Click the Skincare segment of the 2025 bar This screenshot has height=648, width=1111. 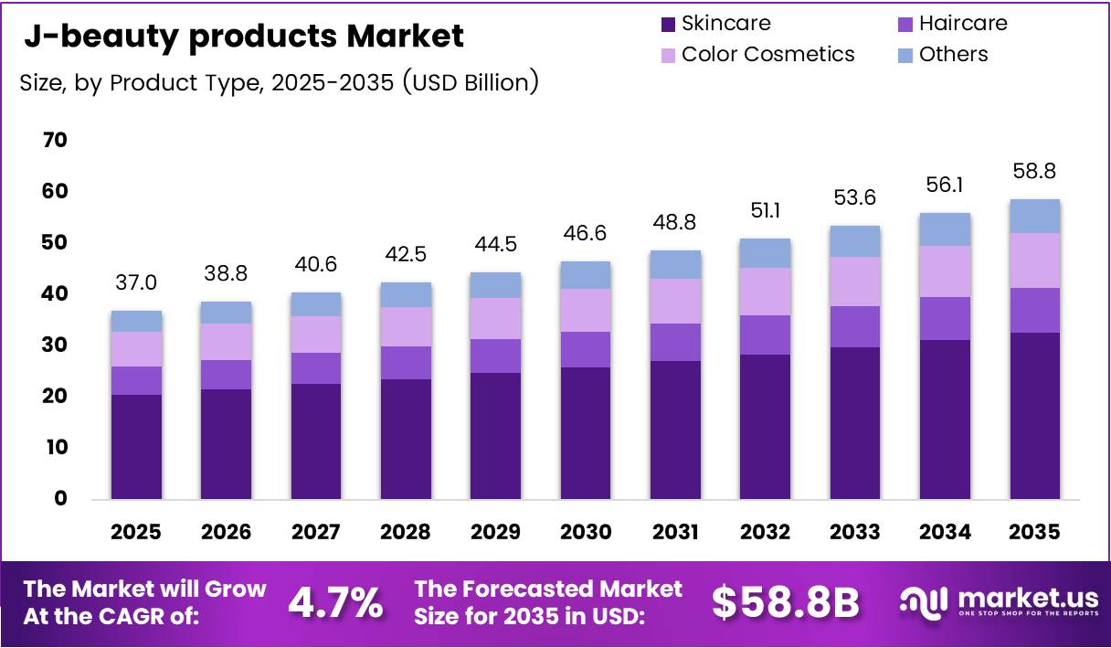click(x=136, y=447)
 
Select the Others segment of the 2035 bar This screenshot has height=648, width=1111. click(x=1035, y=216)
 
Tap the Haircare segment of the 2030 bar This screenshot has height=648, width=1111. click(x=586, y=349)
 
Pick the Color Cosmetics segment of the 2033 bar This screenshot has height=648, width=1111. click(x=855, y=282)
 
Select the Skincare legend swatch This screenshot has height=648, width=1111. click(x=668, y=24)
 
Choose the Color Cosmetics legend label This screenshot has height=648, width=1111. click(x=767, y=54)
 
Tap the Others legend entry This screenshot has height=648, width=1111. click(x=953, y=54)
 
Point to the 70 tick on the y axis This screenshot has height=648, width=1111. click(x=55, y=140)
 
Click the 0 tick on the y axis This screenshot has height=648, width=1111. click(x=61, y=498)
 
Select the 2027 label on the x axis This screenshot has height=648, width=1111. click(x=316, y=532)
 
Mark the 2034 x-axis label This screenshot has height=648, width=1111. click(x=945, y=532)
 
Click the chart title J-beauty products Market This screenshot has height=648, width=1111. click(x=243, y=37)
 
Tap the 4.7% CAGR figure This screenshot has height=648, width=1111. click(x=335, y=602)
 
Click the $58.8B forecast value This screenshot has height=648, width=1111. click(x=785, y=602)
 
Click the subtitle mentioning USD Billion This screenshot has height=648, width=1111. click(x=279, y=82)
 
